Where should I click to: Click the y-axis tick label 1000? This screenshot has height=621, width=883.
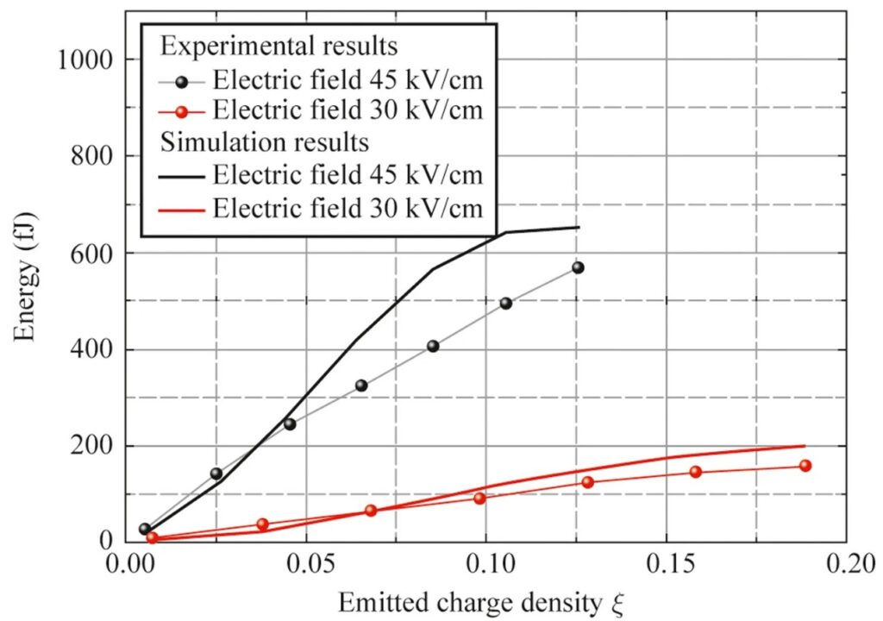click(86, 60)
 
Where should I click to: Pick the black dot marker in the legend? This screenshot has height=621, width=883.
click(180, 82)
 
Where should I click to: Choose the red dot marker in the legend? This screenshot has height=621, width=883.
click(180, 110)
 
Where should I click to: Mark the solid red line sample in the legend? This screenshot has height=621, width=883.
click(180, 208)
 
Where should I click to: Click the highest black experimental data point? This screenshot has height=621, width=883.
click(578, 267)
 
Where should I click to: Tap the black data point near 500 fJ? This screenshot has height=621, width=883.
click(506, 304)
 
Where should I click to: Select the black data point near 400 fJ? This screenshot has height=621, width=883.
click(433, 347)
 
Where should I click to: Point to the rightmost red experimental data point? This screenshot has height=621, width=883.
click(805, 466)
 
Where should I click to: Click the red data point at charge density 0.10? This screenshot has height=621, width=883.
click(480, 499)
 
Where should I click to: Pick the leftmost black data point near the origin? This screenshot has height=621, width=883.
click(145, 529)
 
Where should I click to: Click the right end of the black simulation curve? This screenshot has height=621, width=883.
click(579, 228)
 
